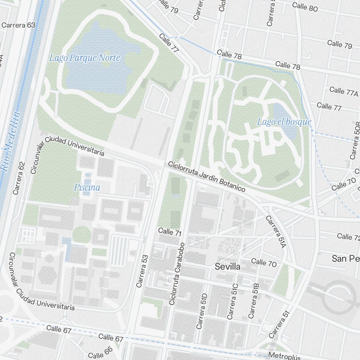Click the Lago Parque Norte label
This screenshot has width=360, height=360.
coord(85,58)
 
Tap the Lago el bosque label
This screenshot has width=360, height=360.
coord(284,122)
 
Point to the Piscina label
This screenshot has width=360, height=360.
coord(87,187)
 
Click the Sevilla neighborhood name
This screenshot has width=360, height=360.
coord(227,266)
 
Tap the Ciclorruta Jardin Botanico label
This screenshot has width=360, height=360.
coord(207,176)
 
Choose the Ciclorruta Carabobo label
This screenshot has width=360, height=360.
coord(177,274)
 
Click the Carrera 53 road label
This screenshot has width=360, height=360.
coord(142,271)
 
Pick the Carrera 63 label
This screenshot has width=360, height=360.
coord(18,25)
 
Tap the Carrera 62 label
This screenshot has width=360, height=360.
coord(19,178)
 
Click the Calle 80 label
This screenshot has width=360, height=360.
coord(305,6)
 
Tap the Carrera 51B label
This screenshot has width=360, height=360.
coord(254,301)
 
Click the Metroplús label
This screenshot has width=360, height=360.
coord(284,356)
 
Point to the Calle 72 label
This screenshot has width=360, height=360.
coord(348,237)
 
